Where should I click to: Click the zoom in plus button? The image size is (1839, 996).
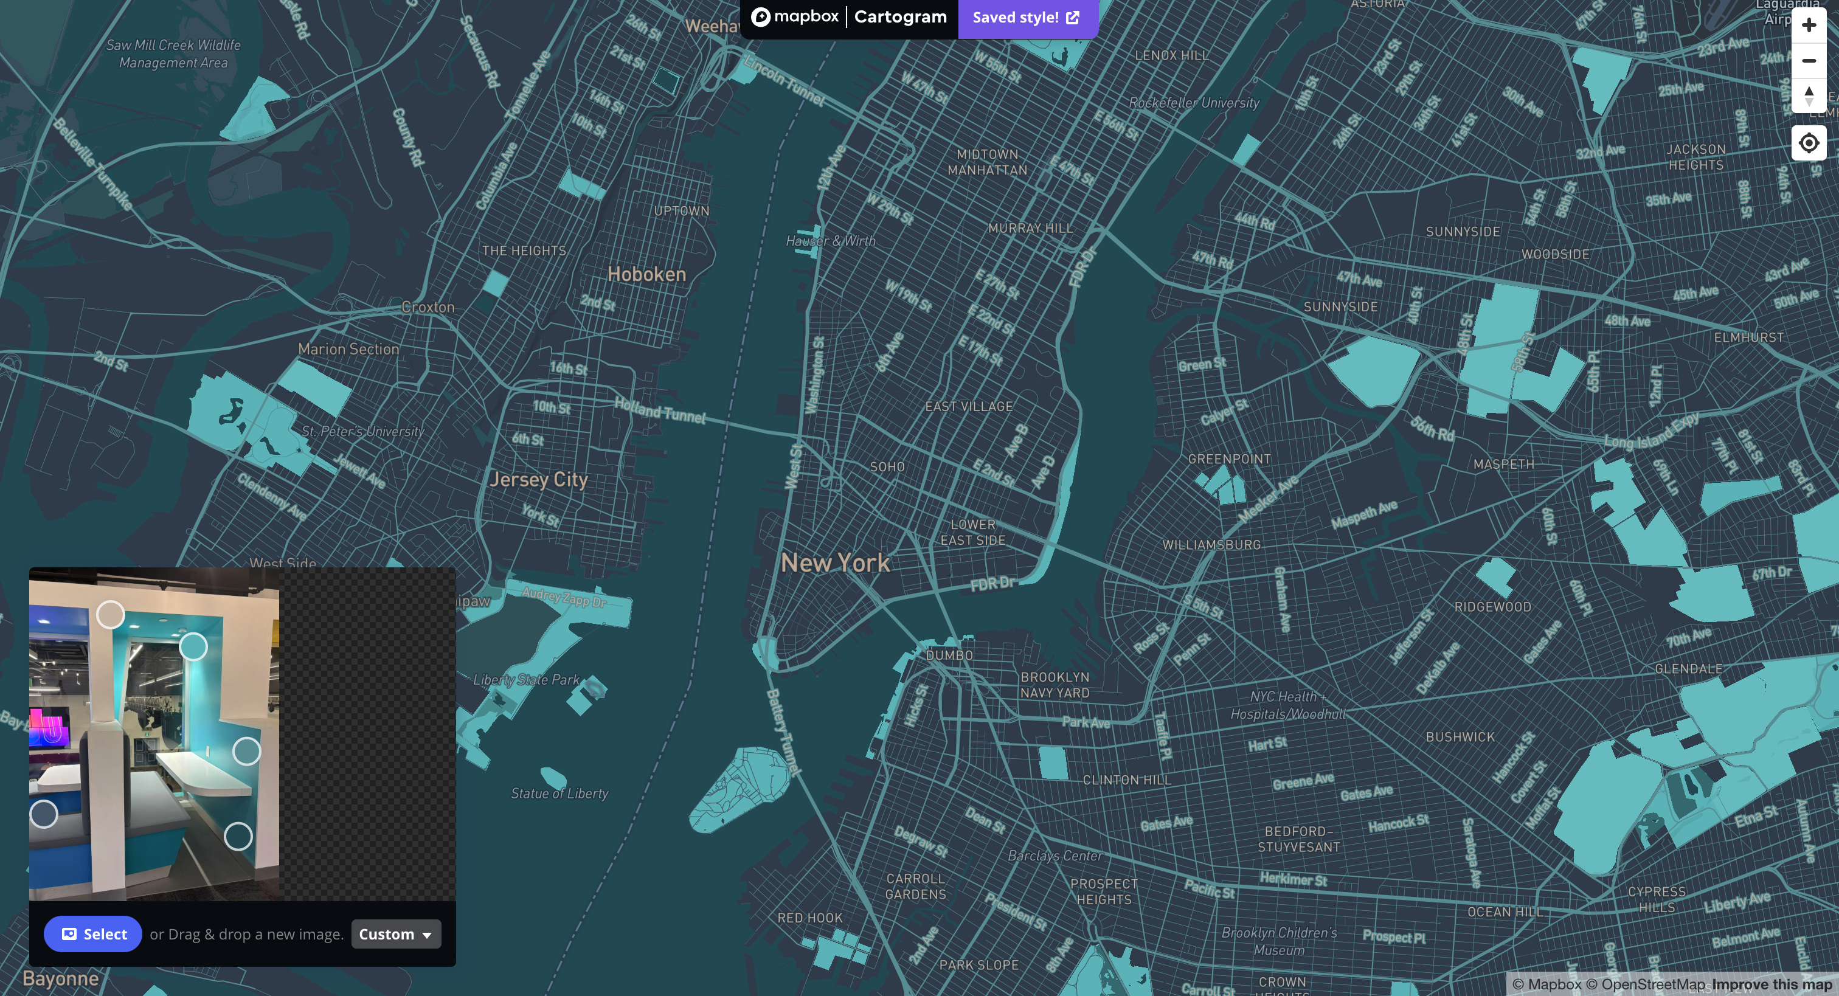[1809, 25]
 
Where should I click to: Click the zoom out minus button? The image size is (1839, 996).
[1809, 61]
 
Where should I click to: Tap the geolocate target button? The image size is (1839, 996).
[1809, 144]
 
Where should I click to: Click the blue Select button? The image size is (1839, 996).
[93, 934]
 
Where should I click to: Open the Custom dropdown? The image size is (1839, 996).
[395, 934]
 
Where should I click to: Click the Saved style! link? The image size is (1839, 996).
[1026, 18]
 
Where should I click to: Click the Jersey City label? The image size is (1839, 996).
[538, 479]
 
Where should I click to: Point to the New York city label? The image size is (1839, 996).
[834, 562]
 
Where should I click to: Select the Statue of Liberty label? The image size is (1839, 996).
[559, 794]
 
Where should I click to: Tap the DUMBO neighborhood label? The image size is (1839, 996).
[949, 655]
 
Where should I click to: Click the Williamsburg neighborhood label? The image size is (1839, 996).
[1211, 545]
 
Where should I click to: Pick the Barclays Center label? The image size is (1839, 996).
[1055, 856]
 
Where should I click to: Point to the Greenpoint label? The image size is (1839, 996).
[1229, 459]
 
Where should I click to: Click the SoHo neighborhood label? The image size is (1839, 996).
[887, 467]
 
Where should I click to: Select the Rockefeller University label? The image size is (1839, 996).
[1194, 103]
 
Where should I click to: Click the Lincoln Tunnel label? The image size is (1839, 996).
[784, 81]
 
